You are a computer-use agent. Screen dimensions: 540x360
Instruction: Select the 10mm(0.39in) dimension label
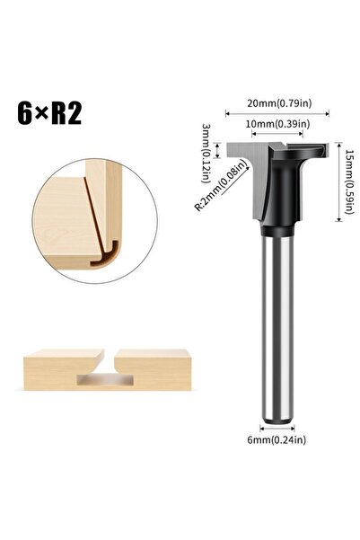[x=277, y=123]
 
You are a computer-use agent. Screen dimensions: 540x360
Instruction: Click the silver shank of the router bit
[x=277, y=323]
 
